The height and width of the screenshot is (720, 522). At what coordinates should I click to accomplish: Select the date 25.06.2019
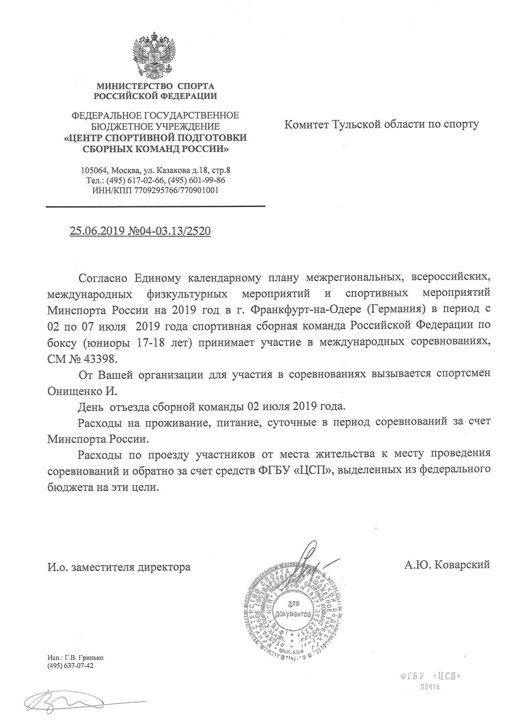pos(97,231)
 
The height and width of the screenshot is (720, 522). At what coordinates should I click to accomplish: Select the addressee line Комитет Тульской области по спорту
pos(381,124)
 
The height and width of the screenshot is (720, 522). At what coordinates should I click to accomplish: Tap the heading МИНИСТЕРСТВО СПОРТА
pos(155,86)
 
